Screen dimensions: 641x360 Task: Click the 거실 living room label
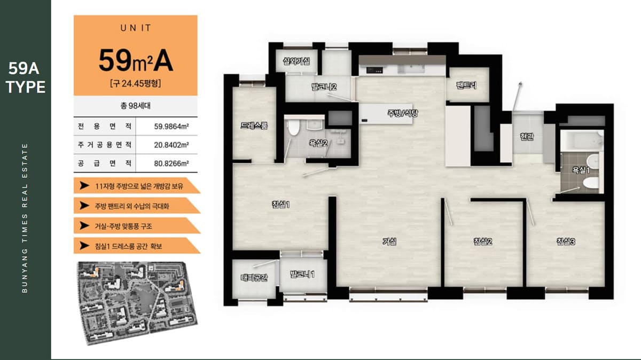coord(389,242)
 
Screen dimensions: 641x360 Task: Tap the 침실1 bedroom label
coord(281,205)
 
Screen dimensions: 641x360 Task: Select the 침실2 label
coord(483,241)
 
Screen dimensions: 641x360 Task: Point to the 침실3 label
coord(566,241)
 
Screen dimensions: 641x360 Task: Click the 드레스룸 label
coord(254,126)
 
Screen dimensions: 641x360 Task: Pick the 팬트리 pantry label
coord(466,85)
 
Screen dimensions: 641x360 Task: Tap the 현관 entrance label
coord(527,136)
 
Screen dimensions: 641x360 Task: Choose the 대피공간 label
coord(254,277)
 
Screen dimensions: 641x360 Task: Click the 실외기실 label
coord(296,61)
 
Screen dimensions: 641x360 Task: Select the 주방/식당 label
coord(403,113)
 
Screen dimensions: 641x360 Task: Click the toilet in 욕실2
coord(294,127)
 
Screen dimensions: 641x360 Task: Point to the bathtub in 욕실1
coord(582,140)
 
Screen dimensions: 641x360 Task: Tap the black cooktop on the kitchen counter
coord(374,70)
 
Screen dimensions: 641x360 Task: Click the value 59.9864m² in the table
coord(171,127)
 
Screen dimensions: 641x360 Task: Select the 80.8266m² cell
coord(171,163)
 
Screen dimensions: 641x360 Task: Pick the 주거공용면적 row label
coord(105,145)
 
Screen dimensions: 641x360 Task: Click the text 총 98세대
coord(135,106)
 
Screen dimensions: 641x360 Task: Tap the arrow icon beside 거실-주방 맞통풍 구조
coord(84,225)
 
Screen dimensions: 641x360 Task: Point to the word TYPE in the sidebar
coord(26,87)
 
